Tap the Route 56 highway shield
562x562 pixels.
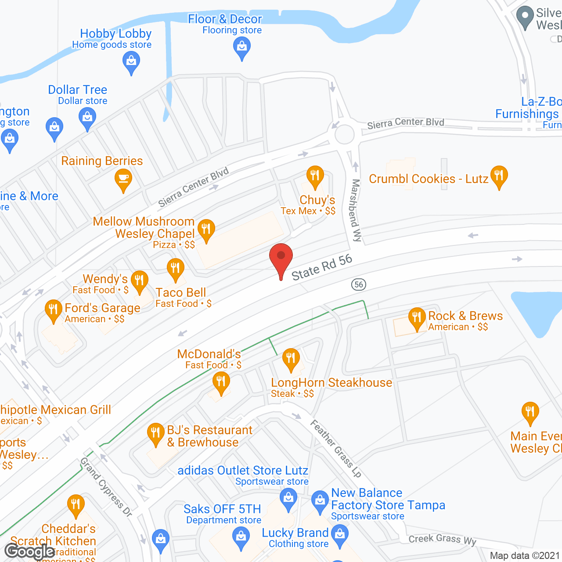[x=359, y=285]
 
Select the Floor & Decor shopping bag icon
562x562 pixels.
[x=241, y=46]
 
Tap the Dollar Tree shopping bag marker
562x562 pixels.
[x=87, y=117]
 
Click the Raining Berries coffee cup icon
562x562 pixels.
[x=123, y=179]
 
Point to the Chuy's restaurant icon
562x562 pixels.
[x=315, y=176]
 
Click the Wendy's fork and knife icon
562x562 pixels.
[x=139, y=280]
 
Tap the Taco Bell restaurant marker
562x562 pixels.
[x=175, y=268]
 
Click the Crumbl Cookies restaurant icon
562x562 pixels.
[x=499, y=175]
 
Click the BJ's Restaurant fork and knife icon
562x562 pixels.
[x=155, y=432]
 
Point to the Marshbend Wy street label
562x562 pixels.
[x=356, y=210]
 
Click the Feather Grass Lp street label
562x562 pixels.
[x=336, y=448]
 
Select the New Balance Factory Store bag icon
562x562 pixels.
[x=320, y=500]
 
